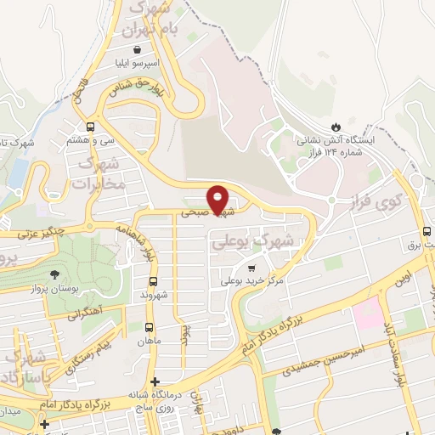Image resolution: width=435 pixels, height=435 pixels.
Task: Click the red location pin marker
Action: click(218, 199)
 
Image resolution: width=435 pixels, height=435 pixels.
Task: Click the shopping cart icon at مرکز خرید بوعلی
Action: click(250, 268)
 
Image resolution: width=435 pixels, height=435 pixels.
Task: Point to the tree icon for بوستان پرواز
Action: click(55, 274)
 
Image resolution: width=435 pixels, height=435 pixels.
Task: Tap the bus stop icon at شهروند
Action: click(153, 281)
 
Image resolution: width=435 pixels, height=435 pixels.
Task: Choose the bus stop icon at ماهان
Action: click(150, 327)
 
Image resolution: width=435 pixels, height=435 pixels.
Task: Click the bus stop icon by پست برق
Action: click(426, 233)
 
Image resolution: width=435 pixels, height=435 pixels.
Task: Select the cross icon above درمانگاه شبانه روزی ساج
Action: click(154, 382)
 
